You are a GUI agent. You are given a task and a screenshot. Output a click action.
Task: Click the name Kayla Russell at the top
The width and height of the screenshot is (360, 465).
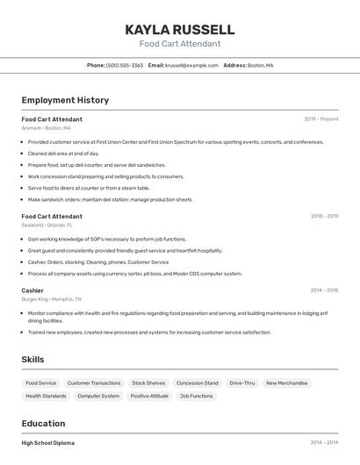tap(180, 29)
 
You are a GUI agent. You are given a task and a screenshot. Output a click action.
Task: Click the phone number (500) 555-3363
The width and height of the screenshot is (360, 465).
tap(124, 65)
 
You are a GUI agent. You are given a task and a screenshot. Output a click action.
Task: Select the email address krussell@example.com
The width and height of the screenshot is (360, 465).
tap(191, 65)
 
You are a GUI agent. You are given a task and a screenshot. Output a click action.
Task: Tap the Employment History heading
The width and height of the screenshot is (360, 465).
tap(65, 100)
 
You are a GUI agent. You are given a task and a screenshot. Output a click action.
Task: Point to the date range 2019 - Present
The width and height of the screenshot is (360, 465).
tap(320, 118)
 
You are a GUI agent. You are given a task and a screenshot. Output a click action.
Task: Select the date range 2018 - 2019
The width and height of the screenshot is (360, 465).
tap(324, 216)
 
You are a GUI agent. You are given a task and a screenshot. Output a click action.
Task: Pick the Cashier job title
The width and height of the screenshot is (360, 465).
tap(32, 290)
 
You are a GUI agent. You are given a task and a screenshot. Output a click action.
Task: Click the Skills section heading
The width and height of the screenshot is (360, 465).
tap(33, 359)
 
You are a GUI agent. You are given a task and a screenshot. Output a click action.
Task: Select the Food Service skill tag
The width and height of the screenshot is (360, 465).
tap(41, 383)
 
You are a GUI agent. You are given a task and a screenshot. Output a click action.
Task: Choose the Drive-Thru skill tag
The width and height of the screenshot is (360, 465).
tap(242, 383)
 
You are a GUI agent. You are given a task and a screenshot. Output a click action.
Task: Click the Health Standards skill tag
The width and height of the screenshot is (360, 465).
tap(46, 396)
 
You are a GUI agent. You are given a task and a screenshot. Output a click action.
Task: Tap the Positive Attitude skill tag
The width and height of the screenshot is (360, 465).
tap(149, 396)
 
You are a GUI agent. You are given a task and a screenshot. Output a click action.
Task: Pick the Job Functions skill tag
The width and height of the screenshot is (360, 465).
tap(196, 396)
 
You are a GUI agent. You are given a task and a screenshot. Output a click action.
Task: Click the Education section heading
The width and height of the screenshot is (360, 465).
tap(43, 423)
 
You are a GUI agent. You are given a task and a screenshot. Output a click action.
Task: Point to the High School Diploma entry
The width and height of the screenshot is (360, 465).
tap(48, 443)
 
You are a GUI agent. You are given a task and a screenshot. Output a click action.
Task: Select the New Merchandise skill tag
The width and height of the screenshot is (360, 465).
tap(287, 383)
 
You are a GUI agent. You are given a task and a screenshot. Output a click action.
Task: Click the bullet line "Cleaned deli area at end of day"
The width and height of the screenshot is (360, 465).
tap(63, 154)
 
